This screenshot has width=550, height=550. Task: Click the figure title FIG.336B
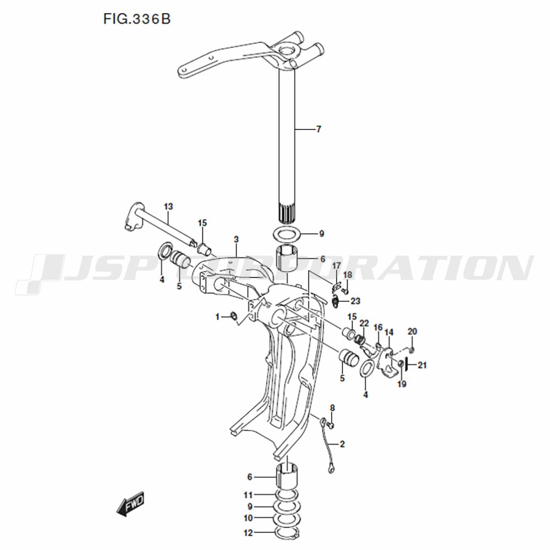point(137,19)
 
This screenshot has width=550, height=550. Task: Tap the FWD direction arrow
point(130,504)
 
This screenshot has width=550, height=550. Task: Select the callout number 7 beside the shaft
point(318,129)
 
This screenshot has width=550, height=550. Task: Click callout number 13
point(168,207)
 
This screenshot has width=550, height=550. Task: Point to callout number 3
point(237,240)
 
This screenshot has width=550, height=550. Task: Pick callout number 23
point(356,301)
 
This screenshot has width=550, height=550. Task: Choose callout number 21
point(422,365)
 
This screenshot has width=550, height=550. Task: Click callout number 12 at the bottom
point(248,533)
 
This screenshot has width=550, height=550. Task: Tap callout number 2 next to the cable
point(342,444)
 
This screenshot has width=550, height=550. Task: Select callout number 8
point(333,408)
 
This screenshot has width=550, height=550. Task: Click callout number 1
point(217,317)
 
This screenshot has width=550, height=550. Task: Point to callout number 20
point(413,332)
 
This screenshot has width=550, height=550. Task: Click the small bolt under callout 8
point(331,425)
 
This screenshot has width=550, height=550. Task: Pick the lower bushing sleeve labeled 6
point(287,475)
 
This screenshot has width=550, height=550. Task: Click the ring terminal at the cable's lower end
point(331,468)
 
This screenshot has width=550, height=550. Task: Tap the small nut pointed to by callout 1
point(233,316)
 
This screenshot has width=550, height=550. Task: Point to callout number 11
point(249,496)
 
